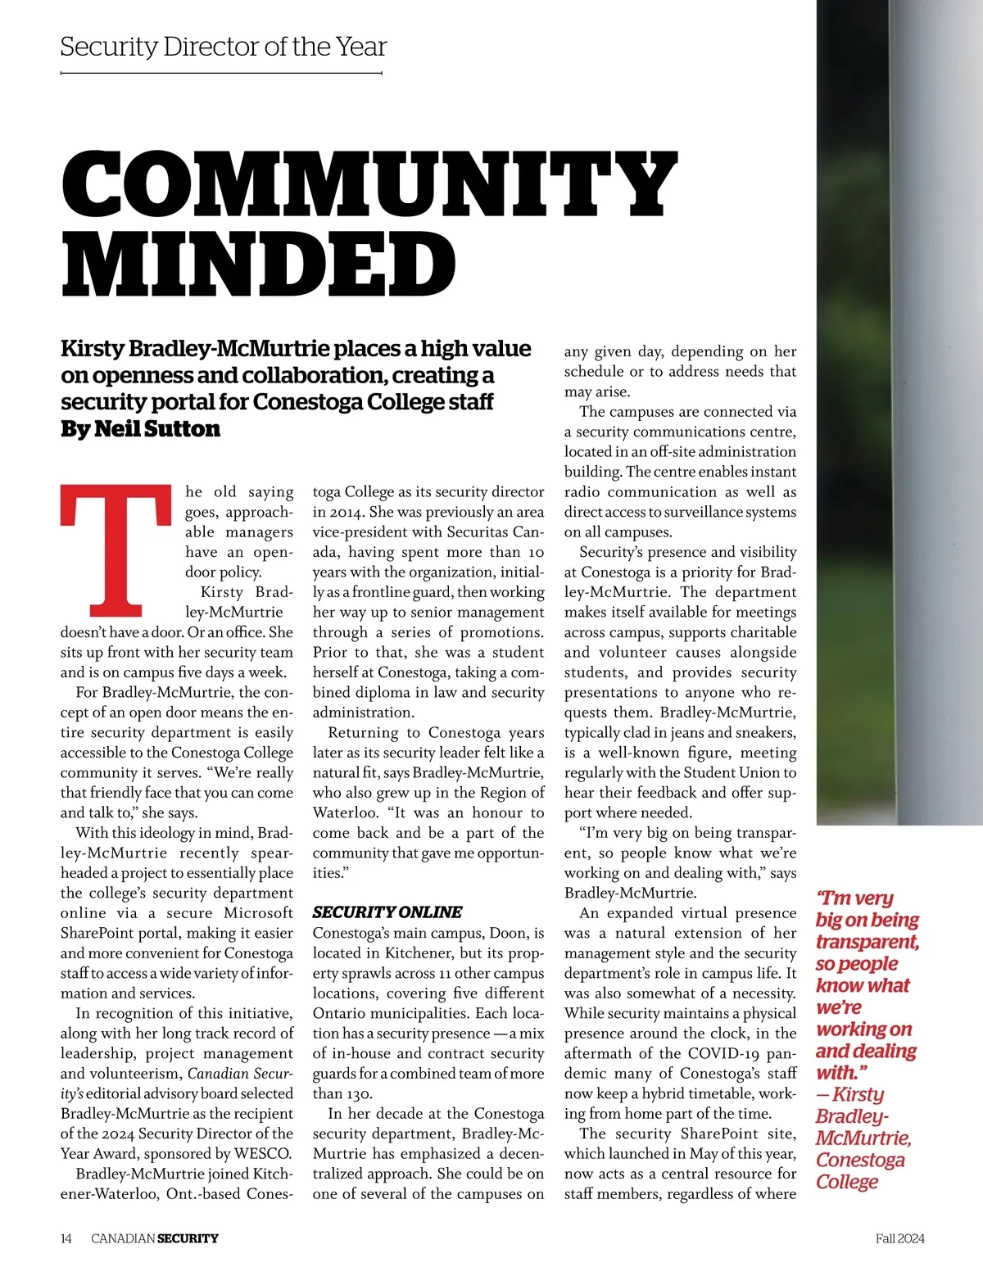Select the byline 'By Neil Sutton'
coord(140,428)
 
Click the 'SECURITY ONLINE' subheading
coord(387,912)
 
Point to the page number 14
coord(66,1238)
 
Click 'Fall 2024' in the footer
coord(899,1238)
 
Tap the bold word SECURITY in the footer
coord(188,1238)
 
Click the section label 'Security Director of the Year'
coord(223,47)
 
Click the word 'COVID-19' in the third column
coord(720,1053)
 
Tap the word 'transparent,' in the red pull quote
coord(867,942)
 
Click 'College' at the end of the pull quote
coord(847,1182)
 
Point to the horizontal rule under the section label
coord(221,74)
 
